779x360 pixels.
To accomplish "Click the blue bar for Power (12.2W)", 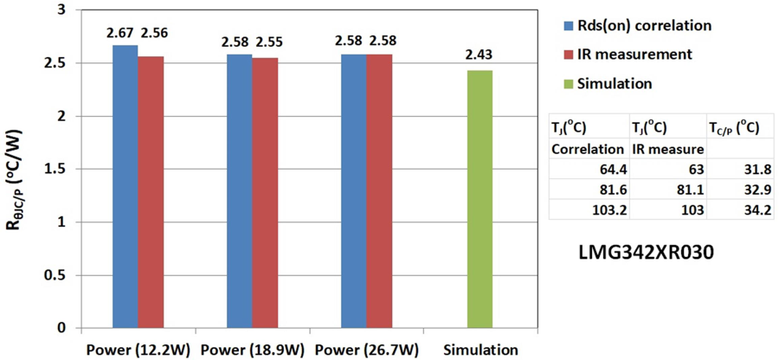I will coord(125,186).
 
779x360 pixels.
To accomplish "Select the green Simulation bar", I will coord(480,199).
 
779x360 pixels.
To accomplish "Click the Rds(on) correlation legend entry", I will coord(635,25).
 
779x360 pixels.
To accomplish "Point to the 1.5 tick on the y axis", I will coord(55,169).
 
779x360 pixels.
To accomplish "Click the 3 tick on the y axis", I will coord(61,10).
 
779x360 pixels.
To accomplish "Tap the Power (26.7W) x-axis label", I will coord(367,350).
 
